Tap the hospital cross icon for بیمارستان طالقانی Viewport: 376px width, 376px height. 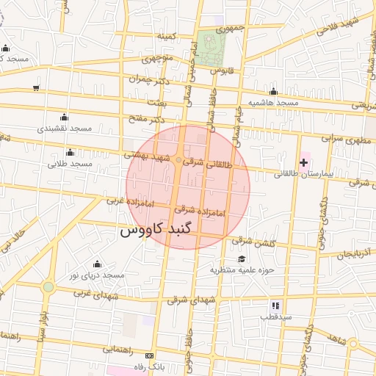click(x=303, y=162)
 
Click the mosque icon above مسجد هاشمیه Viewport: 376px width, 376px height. click(x=273, y=92)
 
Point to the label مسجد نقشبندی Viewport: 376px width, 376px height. click(x=65, y=128)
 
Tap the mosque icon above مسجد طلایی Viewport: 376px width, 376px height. click(x=70, y=152)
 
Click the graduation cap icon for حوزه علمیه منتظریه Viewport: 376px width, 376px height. click(x=242, y=258)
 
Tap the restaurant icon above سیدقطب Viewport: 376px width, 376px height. click(x=275, y=305)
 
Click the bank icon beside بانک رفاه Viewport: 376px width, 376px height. click(x=151, y=355)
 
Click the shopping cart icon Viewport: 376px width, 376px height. click(x=36, y=88)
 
